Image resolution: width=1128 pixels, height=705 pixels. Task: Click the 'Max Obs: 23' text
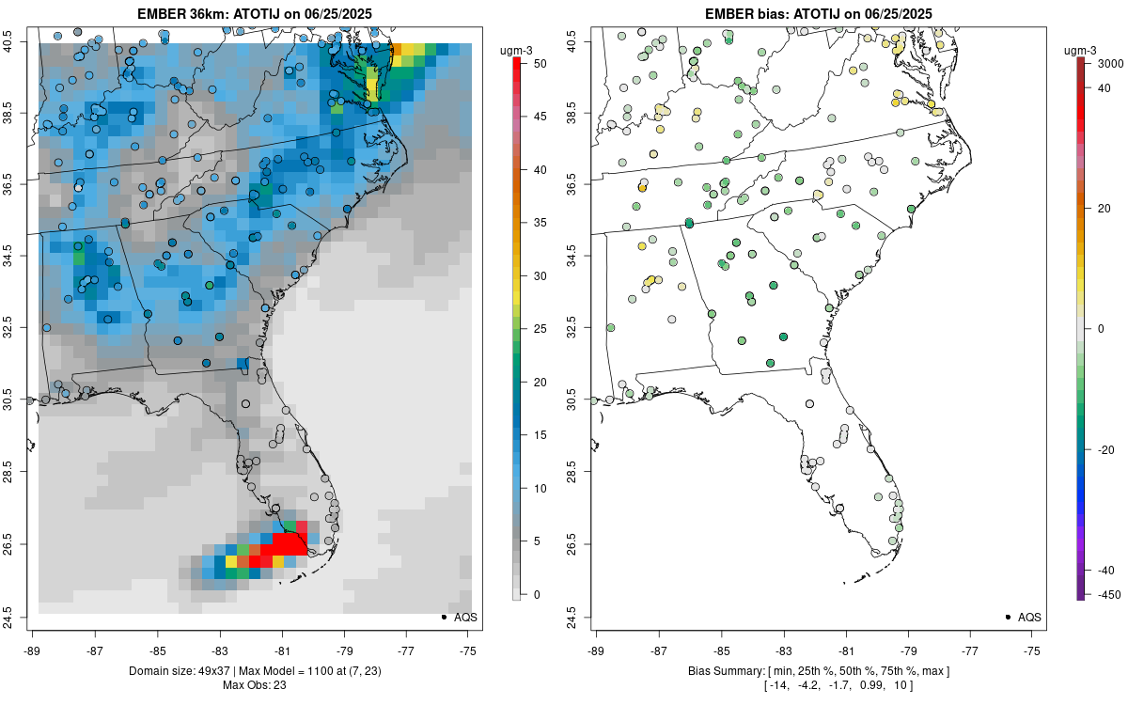click(255, 684)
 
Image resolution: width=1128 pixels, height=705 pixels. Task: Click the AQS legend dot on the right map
click(1008, 618)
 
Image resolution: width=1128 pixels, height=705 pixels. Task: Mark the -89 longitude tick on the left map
click(33, 650)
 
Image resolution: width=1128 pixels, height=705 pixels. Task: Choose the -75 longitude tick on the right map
click(1033, 650)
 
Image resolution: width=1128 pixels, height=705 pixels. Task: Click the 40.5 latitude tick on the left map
click(20, 42)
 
